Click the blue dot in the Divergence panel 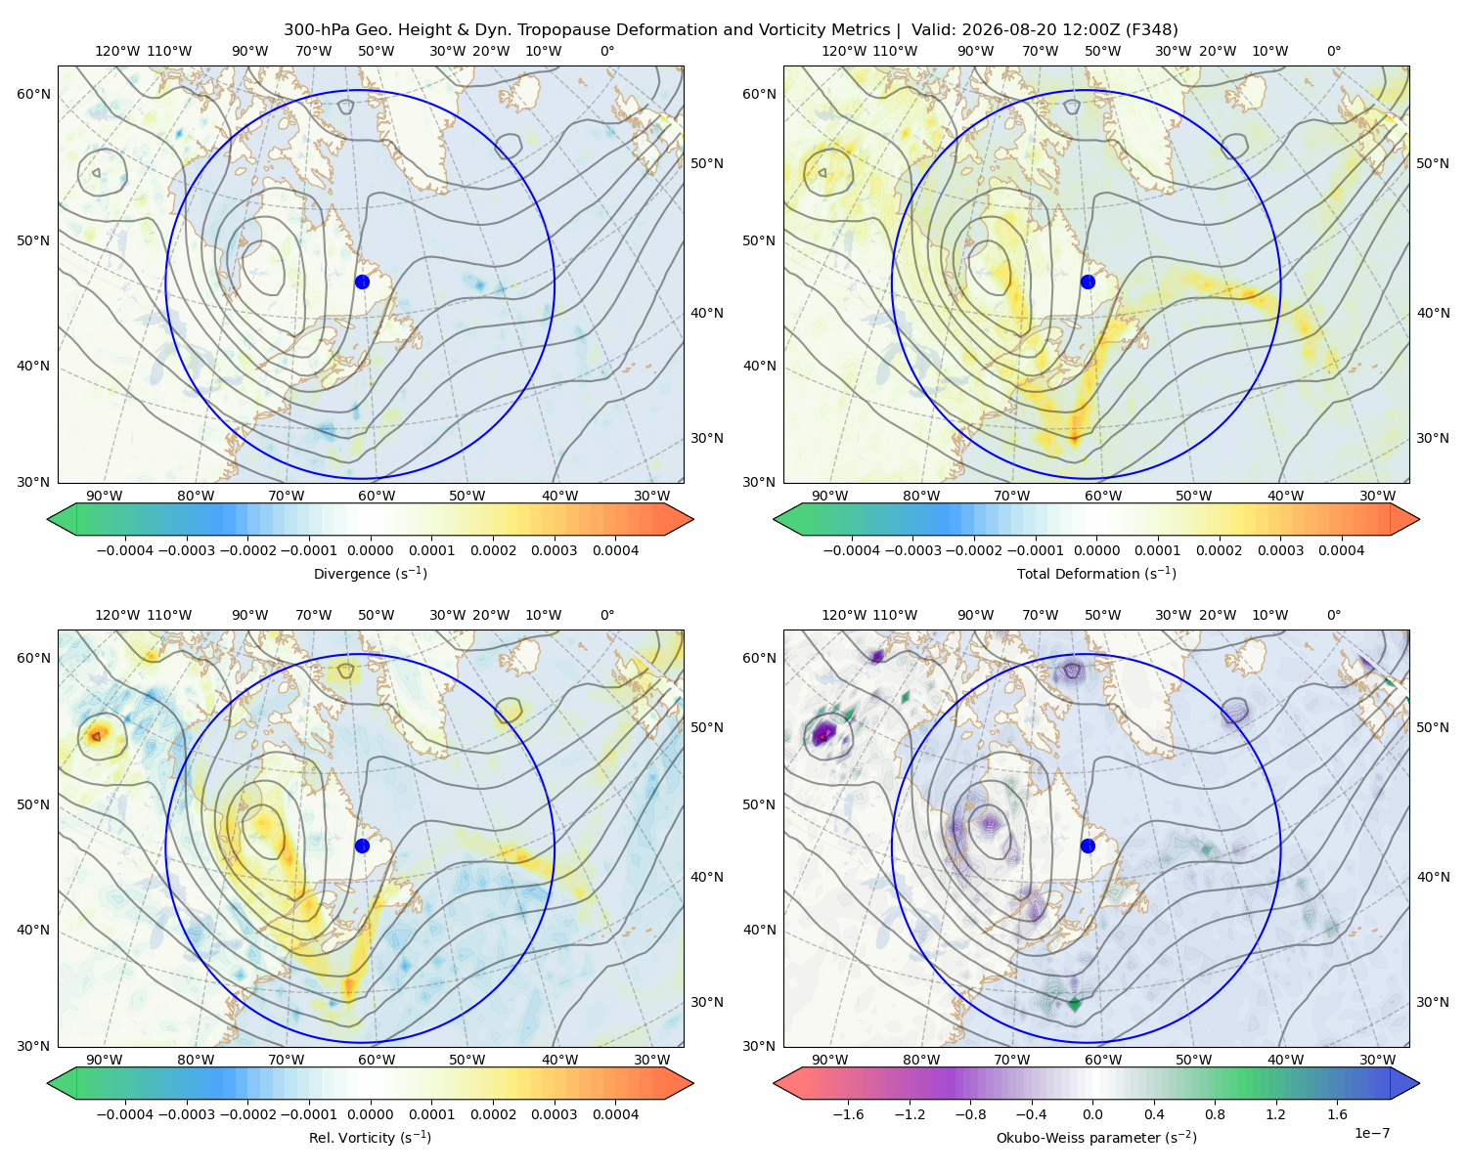(362, 282)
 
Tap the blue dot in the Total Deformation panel (1088, 282)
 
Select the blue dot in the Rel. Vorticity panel (362, 846)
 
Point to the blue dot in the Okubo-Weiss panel (1088, 846)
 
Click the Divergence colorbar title (370, 573)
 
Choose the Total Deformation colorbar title (1096, 573)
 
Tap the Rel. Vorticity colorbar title (370, 1137)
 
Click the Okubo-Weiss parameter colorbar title (1096, 1137)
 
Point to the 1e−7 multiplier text (1371, 1133)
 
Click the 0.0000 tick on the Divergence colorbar (370, 550)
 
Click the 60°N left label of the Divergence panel (33, 94)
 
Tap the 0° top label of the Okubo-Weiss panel (1333, 615)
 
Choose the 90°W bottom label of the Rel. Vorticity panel (105, 1060)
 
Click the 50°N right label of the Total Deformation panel (1432, 163)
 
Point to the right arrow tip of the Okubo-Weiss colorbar (1419, 1083)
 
